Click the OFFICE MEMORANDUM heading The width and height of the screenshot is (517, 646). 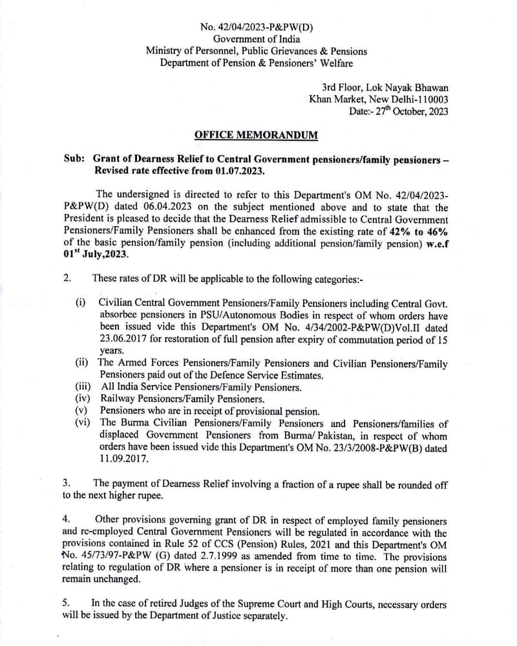click(256, 135)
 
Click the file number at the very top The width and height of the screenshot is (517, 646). click(257, 26)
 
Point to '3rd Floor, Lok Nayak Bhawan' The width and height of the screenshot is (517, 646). click(385, 87)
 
